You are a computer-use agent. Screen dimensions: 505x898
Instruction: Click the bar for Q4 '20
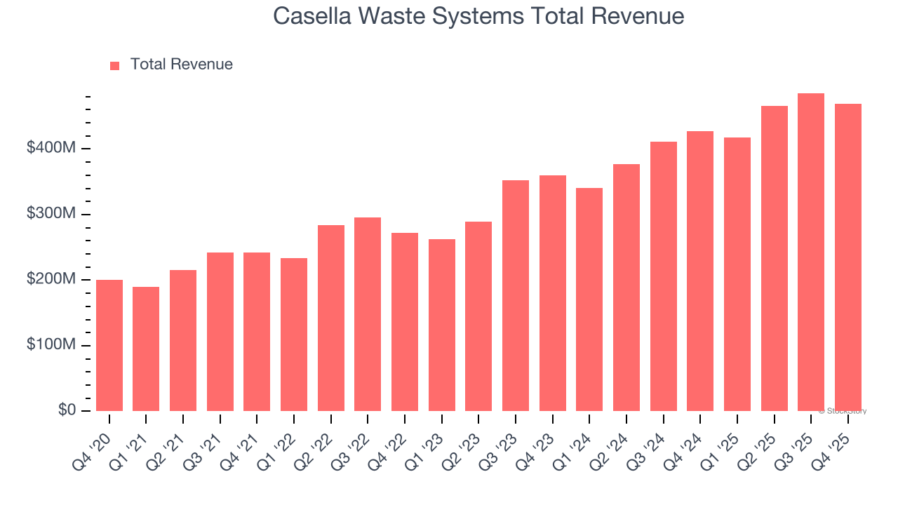pyautogui.click(x=109, y=345)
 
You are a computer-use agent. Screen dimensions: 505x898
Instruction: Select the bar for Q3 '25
pyautogui.click(x=811, y=252)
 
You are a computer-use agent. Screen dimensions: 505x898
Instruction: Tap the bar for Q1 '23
pyautogui.click(x=442, y=325)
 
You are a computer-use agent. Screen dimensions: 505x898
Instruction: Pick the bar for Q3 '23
pyautogui.click(x=516, y=295)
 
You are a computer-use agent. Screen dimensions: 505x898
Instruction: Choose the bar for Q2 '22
pyautogui.click(x=331, y=318)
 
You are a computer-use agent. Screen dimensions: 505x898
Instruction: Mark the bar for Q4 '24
pyautogui.click(x=700, y=271)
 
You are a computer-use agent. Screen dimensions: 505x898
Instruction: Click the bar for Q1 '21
pyautogui.click(x=146, y=349)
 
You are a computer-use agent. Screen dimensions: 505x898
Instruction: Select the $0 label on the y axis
pyautogui.click(x=68, y=410)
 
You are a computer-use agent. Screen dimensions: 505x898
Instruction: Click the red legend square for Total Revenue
pyautogui.click(x=115, y=65)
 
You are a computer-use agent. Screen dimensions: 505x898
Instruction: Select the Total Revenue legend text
pyautogui.click(x=181, y=65)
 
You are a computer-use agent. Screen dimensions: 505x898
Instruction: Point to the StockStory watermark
pyautogui.click(x=842, y=411)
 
